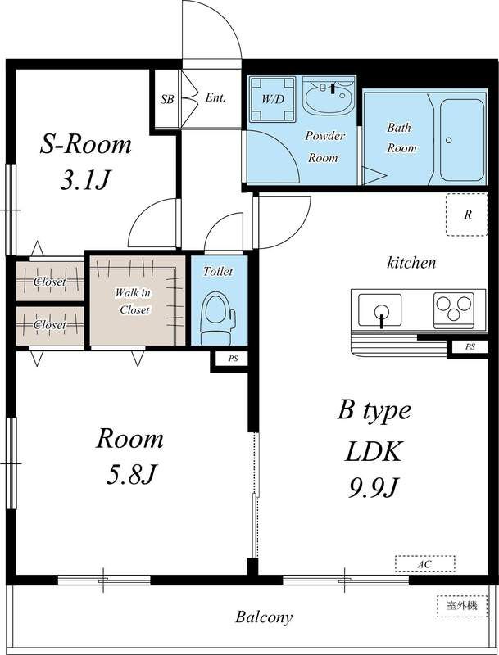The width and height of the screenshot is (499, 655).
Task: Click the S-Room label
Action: pos(86,145)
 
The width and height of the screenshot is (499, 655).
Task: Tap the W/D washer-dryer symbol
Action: pos(273,99)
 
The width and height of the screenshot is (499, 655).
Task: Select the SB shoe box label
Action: pos(167,99)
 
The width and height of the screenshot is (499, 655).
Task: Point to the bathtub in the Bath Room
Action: pos(462,140)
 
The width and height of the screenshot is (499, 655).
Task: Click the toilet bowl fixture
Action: pos(217,318)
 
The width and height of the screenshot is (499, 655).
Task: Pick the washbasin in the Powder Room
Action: pos(327,97)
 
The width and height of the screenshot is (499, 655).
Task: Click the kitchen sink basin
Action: pos(380,310)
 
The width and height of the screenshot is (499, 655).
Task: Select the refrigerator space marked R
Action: pos(467,215)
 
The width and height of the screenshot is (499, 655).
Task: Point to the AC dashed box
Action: pos(425,564)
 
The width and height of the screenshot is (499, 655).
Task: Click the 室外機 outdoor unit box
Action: pos(462,606)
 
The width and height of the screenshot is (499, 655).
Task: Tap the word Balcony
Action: pos(264,617)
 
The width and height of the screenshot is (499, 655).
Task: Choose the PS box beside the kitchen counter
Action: pos(470,346)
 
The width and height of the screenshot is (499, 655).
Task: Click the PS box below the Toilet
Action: pos(233,359)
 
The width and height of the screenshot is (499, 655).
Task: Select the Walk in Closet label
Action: pos(134,301)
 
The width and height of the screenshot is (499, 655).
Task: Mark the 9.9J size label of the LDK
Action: pos(373,488)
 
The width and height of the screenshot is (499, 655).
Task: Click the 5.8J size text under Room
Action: pos(131,475)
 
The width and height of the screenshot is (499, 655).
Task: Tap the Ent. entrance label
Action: pos(215,97)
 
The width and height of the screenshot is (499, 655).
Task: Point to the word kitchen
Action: pos(411,262)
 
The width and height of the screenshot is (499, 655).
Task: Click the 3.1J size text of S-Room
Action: pos(85,180)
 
